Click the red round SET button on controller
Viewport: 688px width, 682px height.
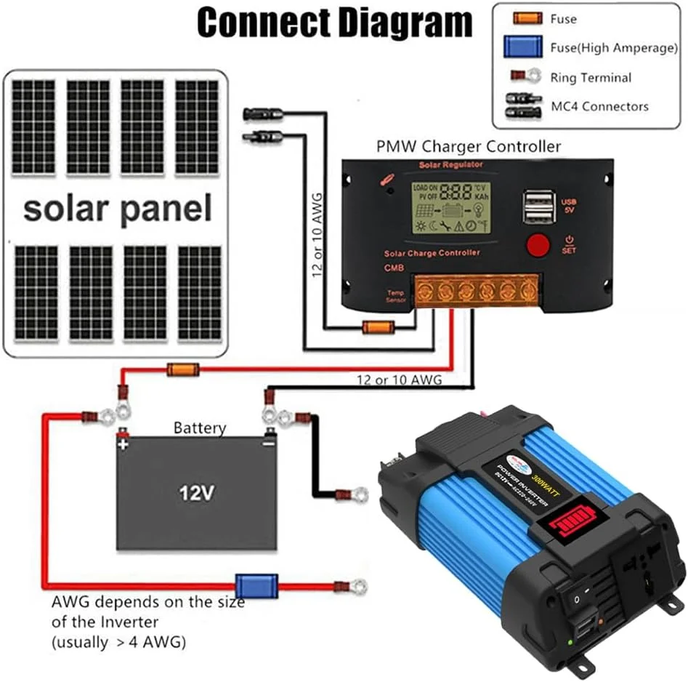pyautogui.click(x=538, y=245)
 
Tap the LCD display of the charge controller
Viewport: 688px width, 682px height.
pyautogui.click(x=450, y=207)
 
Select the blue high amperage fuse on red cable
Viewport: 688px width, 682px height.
pyautogui.click(x=256, y=585)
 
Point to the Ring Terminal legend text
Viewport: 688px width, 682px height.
pyautogui.click(x=591, y=77)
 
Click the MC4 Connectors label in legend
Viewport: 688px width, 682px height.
pyautogui.click(x=599, y=106)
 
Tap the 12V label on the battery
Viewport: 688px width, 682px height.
pyautogui.click(x=197, y=494)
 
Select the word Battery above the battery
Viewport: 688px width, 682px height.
pyautogui.click(x=199, y=428)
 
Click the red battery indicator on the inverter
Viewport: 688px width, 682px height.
pyautogui.click(x=572, y=521)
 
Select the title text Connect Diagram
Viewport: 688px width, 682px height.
pyautogui.click(x=335, y=23)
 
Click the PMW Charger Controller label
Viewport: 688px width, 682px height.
pyautogui.click(x=469, y=146)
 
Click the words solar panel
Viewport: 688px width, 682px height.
pyautogui.click(x=117, y=209)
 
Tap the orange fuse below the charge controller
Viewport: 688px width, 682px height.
pyautogui.click(x=378, y=326)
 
